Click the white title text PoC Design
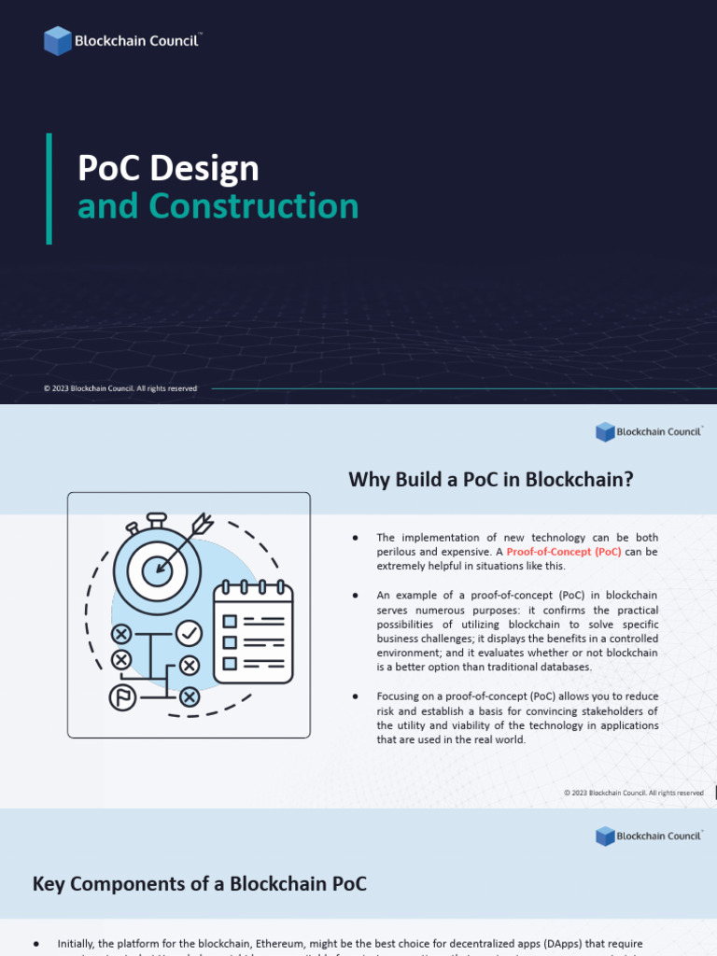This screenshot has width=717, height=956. click(x=168, y=168)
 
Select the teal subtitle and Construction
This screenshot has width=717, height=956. click(x=218, y=206)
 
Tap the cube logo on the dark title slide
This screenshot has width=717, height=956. click(x=57, y=41)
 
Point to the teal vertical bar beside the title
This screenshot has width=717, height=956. click(x=49, y=189)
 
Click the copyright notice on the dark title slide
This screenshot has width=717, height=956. click(x=120, y=388)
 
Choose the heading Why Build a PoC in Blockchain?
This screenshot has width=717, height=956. click(x=491, y=480)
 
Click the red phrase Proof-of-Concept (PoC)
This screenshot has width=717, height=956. click(x=564, y=552)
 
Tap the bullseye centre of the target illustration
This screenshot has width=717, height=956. click(x=157, y=568)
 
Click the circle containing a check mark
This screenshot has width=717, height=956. click(x=190, y=634)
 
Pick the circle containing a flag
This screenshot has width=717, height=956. click(x=121, y=696)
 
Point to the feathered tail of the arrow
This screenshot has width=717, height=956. click(x=202, y=526)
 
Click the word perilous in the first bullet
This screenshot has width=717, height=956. click(x=397, y=552)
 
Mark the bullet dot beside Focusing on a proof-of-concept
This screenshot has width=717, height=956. click(x=356, y=696)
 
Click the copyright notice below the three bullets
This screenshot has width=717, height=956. click(x=633, y=793)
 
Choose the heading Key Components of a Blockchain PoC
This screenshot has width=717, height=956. click(x=200, y=883)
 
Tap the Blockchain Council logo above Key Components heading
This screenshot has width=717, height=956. click(x=649, y=836)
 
